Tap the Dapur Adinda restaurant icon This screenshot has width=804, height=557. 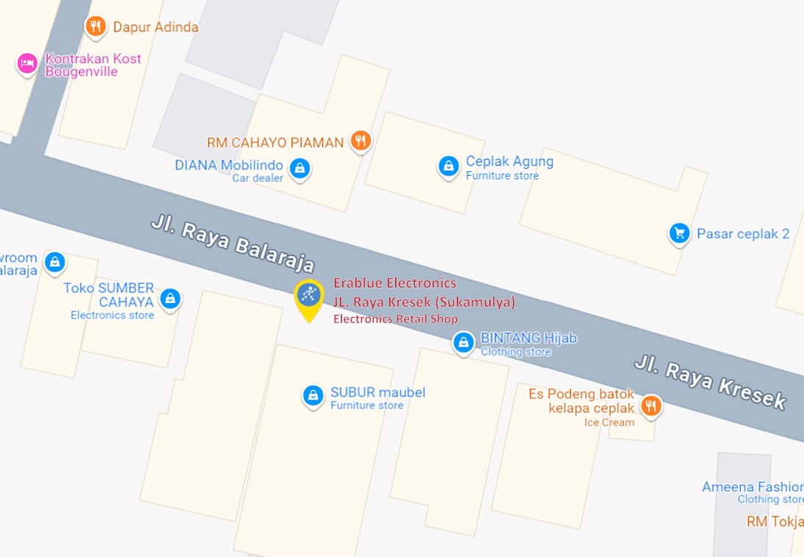tap(95, 27)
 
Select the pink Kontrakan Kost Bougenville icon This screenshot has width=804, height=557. tap(27, 64)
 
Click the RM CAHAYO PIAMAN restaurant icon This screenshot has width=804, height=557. tap(360, 141)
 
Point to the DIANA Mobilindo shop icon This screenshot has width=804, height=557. tap(299, 168)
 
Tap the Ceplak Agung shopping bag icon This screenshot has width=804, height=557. tap(448, 166)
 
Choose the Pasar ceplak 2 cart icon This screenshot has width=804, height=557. tap(679, 234)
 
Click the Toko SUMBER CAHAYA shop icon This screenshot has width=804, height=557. tap(170, 299)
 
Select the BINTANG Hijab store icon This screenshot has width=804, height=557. tap(463, 342)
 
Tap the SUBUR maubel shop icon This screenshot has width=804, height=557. tap(313, 396)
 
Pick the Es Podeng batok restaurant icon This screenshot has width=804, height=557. tap(650, 405)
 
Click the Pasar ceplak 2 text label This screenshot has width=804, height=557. tap(743, 234)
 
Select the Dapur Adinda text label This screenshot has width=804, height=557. tap(155, 27)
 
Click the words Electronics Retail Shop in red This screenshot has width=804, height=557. tap(396, 319)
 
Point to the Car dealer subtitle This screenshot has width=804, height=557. tap(257, 178)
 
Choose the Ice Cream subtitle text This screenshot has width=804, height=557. tap(609, 422)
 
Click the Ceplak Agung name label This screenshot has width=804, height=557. tap(509, 162)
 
